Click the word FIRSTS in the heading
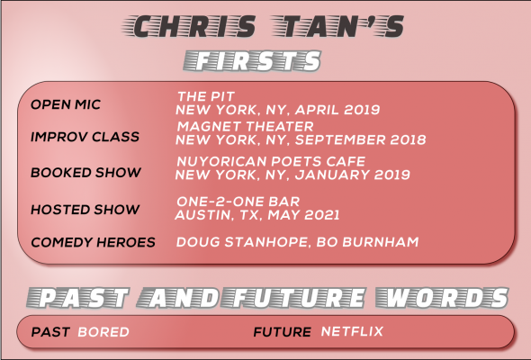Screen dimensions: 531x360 pyautogui.click(x=252, y=61)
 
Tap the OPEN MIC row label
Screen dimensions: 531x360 pyautogui.click(x=66, y=104)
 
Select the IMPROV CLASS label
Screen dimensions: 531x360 pyautogui.click(x=85, y=137)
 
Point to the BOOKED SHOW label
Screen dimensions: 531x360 pyautogui.click(x=85, y=173)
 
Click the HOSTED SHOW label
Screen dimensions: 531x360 pyautogui.click(x=85, y=210)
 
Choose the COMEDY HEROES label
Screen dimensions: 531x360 pyautogui.click(x=93, y=242)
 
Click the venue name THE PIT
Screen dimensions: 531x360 pyautogui.click(x=206, y=96)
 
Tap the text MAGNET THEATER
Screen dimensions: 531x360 pyautogui.click(x=245, y=126)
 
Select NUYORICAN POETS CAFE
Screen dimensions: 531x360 pyautogui.click(x=271, y=161)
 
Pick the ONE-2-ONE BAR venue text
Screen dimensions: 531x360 pyautogui.click(x=238, y=202)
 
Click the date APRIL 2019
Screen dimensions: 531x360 pyautogui.click(x=337, y=110)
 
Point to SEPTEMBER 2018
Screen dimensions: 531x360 pyautogui.click(x=360, y=139)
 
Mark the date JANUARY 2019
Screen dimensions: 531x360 pyautogui.click(x=353, y=175)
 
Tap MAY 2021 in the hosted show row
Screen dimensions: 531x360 pyautogui.click(x=304, y=215)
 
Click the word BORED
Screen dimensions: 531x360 pyautogui.click(x=103, y=332)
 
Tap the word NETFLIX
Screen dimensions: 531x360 pyautogui.click(x=352, y=331)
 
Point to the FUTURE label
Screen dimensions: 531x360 pyautogui.click(x=282, y=332)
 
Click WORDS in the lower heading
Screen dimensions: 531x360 pyautogui.click(x=442, y=298)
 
